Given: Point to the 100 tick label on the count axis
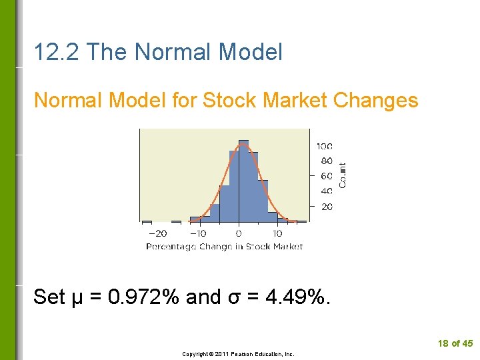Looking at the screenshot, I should point(325,146).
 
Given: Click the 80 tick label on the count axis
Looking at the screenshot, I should point(327,161).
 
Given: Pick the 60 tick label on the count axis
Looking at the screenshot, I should point(327,176).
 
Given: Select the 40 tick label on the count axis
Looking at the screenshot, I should point(327,191).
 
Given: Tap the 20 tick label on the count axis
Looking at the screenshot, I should point(327,207).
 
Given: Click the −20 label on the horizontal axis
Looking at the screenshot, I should point(157,233).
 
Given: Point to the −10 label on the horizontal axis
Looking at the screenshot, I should point(197,233).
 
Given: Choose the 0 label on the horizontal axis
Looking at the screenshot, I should point(239,233).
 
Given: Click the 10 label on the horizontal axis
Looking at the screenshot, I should point(277,233).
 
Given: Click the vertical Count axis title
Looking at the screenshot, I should point(343,175).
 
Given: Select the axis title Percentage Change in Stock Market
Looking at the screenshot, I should point(224,247).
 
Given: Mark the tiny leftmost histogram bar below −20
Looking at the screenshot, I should point(147,221).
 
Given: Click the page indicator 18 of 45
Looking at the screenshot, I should point(455,343).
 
